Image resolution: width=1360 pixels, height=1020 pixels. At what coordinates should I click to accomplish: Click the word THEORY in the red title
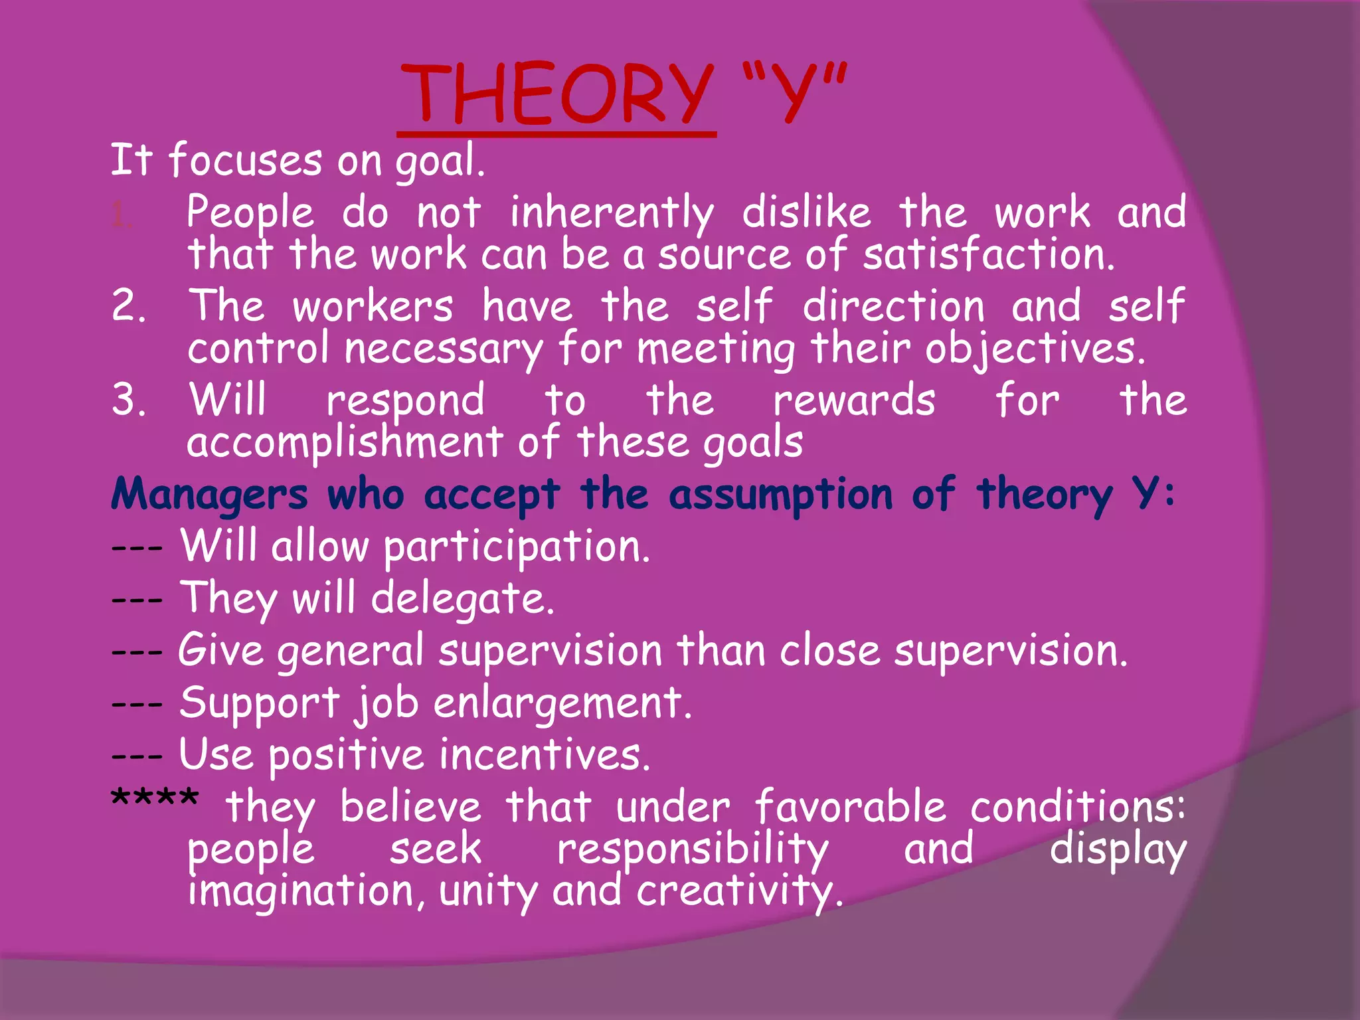556,94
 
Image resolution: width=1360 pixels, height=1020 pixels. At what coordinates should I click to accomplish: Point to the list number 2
128,306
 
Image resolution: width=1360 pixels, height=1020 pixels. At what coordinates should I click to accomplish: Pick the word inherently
611,214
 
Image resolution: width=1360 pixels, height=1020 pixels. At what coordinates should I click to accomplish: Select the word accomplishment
345,443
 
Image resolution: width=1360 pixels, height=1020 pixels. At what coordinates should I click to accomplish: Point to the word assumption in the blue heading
780,495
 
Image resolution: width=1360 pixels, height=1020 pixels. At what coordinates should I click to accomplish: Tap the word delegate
462,600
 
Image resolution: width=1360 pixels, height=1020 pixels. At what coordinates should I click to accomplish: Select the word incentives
544,756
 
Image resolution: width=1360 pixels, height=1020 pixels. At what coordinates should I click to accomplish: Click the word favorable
850,807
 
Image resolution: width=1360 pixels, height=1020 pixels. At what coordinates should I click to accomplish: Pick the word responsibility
693,850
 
